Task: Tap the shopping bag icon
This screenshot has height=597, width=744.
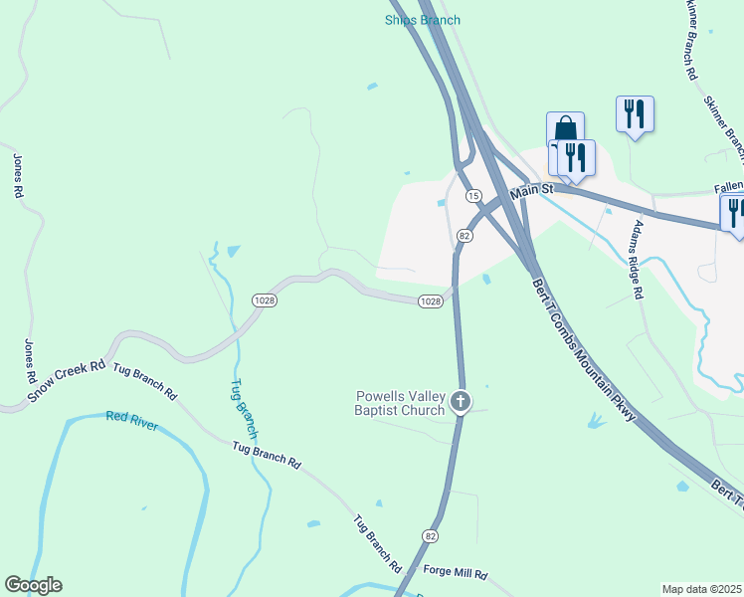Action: tap(564, 129)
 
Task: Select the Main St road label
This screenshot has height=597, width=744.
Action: tap(532, 190)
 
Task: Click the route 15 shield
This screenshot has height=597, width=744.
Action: tap(473, 195)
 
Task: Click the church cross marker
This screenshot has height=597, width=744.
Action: tap(460, 401)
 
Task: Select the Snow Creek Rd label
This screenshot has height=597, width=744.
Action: tap(67, 380)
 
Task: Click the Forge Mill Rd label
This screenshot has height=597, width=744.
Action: tap(455, 574)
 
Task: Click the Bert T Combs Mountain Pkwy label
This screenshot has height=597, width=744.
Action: tap(582, 349)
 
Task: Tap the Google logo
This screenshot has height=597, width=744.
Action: tap(33, 585)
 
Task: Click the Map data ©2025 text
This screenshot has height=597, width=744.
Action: tap(702, 589)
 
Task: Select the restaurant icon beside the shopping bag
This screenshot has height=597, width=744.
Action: tap(576, 156)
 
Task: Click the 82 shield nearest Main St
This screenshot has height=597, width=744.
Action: tap(465, 235)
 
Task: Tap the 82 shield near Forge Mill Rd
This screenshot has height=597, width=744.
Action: tap(430, 535)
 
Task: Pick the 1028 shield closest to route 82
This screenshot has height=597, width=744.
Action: tap(430, 301)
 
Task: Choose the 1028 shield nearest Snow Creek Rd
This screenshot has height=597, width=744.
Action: tap(264, 299)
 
